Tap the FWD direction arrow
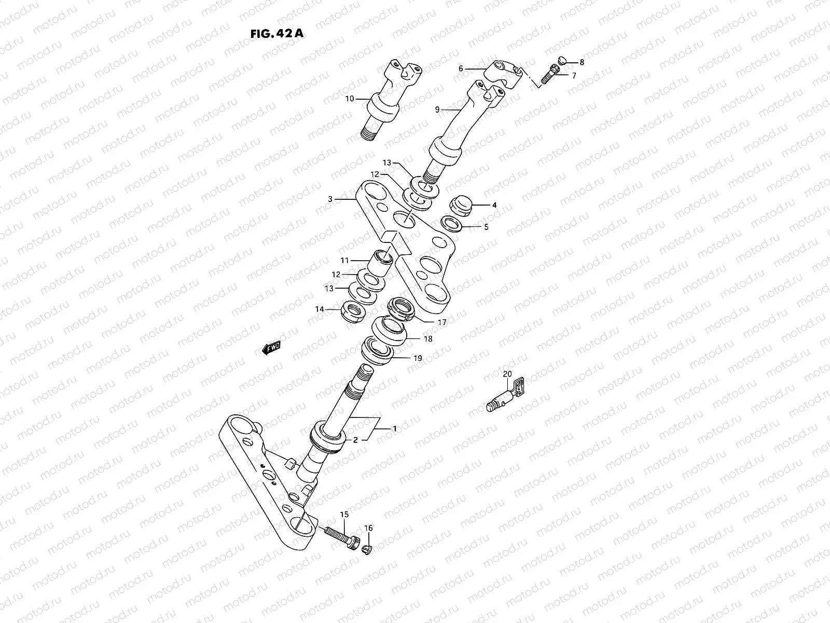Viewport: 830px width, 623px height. click(x=271, y=348)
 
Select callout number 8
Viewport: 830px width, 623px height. click(x=582, y=62)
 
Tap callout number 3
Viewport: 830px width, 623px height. click(x=330, y=198)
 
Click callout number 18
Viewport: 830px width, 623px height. click(x=428, y=338)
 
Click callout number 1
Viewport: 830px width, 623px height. click(x=394, y=429)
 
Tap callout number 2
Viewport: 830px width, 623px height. click(x=355, y=440)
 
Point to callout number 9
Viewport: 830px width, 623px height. click(x=437, y=110)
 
